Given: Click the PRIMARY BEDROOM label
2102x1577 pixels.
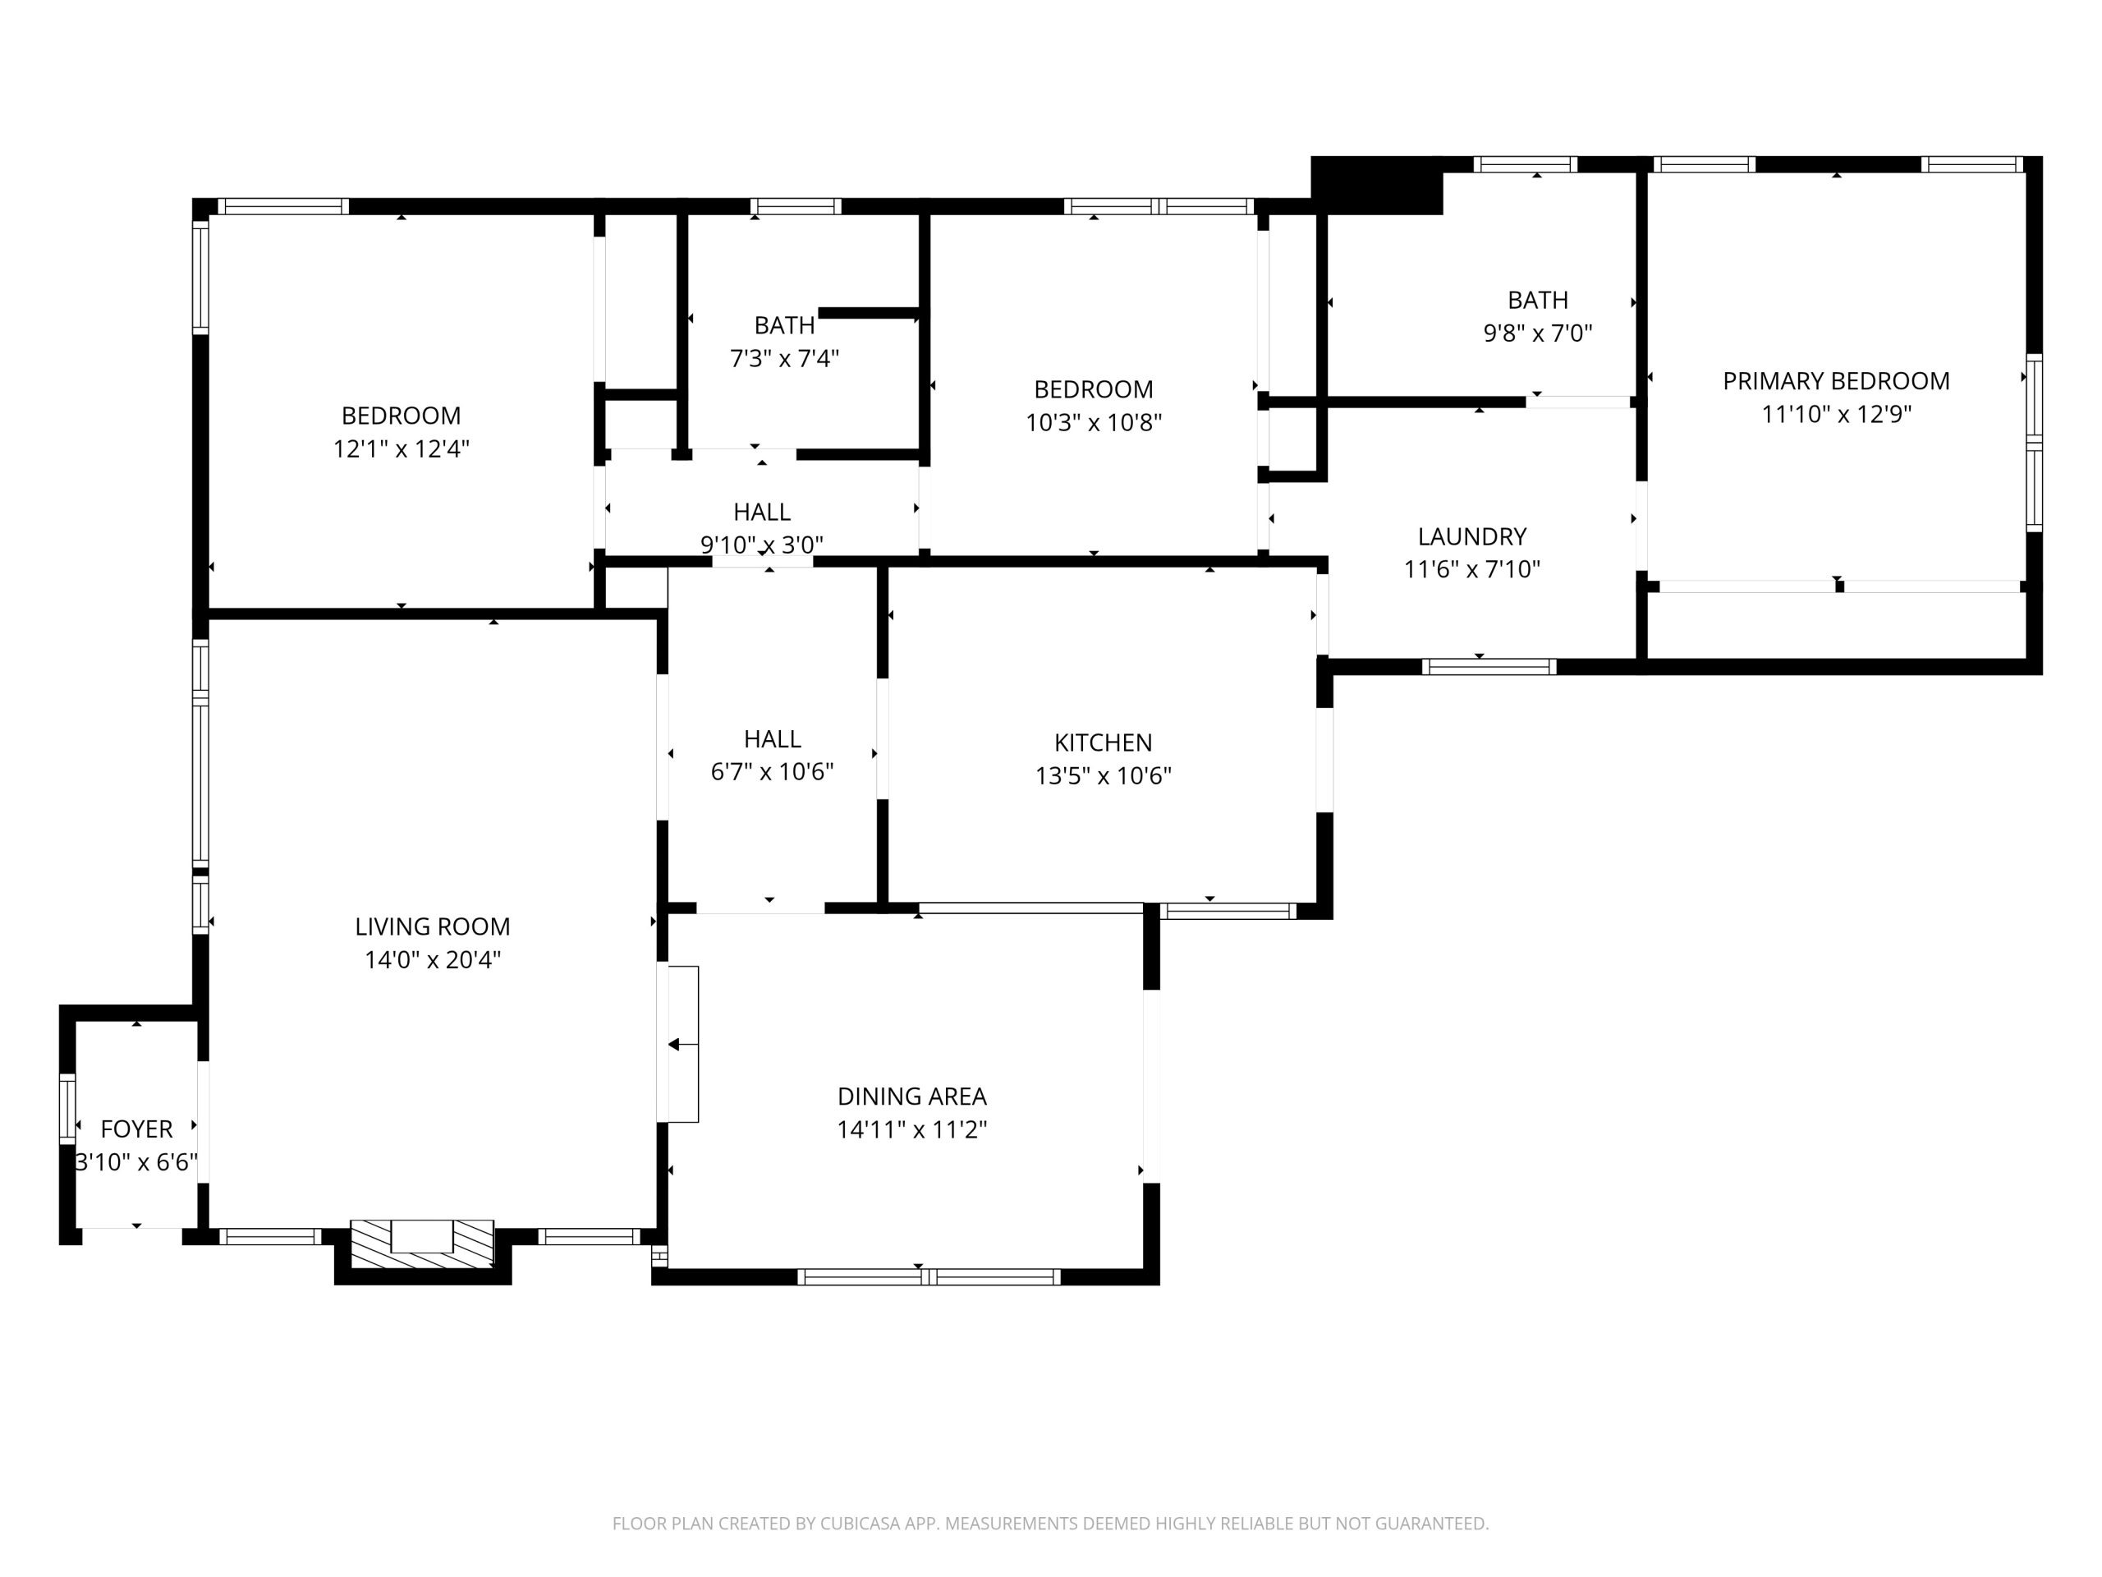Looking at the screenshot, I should point(1835,381).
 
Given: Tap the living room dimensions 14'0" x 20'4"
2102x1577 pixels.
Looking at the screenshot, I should point(433,959).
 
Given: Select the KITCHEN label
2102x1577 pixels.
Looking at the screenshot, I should point(1102,743).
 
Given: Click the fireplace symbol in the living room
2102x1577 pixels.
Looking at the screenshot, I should point(422,1243).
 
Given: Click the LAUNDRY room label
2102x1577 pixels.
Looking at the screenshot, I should point(1471,536).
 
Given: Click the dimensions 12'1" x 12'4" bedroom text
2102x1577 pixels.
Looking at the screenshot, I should point(401,448).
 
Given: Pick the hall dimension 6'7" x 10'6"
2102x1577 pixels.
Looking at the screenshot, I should point(772,771).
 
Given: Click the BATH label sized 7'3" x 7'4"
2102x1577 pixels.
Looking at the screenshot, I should point(784,325).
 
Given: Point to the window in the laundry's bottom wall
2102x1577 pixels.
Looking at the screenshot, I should point(1488,666).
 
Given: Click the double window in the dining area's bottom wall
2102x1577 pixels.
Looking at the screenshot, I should point(928,1276).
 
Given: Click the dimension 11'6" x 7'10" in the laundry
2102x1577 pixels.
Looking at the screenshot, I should point(1471,568).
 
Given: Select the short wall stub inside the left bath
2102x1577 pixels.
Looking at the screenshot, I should point(868,313).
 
